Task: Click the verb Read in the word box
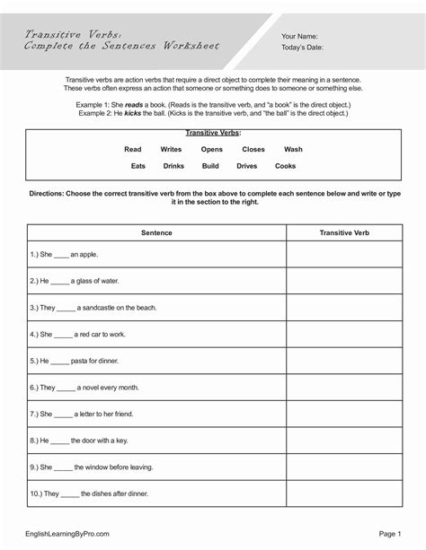click(133, 149)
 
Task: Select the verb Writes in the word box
click(171, 149)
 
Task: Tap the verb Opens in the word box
click(212, 149)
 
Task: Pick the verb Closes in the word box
click(253, 149)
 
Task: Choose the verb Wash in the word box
click(293, 149)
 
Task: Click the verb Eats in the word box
click(138, 166)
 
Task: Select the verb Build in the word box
click(210, 166)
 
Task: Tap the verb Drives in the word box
click(247, 166)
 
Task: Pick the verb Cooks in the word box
click(285, 166)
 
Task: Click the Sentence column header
click(156, 232)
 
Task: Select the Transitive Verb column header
click(344, 232)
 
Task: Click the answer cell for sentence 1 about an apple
click(344, 255)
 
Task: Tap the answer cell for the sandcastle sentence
click(344, 307)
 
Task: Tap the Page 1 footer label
click(388, 534)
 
